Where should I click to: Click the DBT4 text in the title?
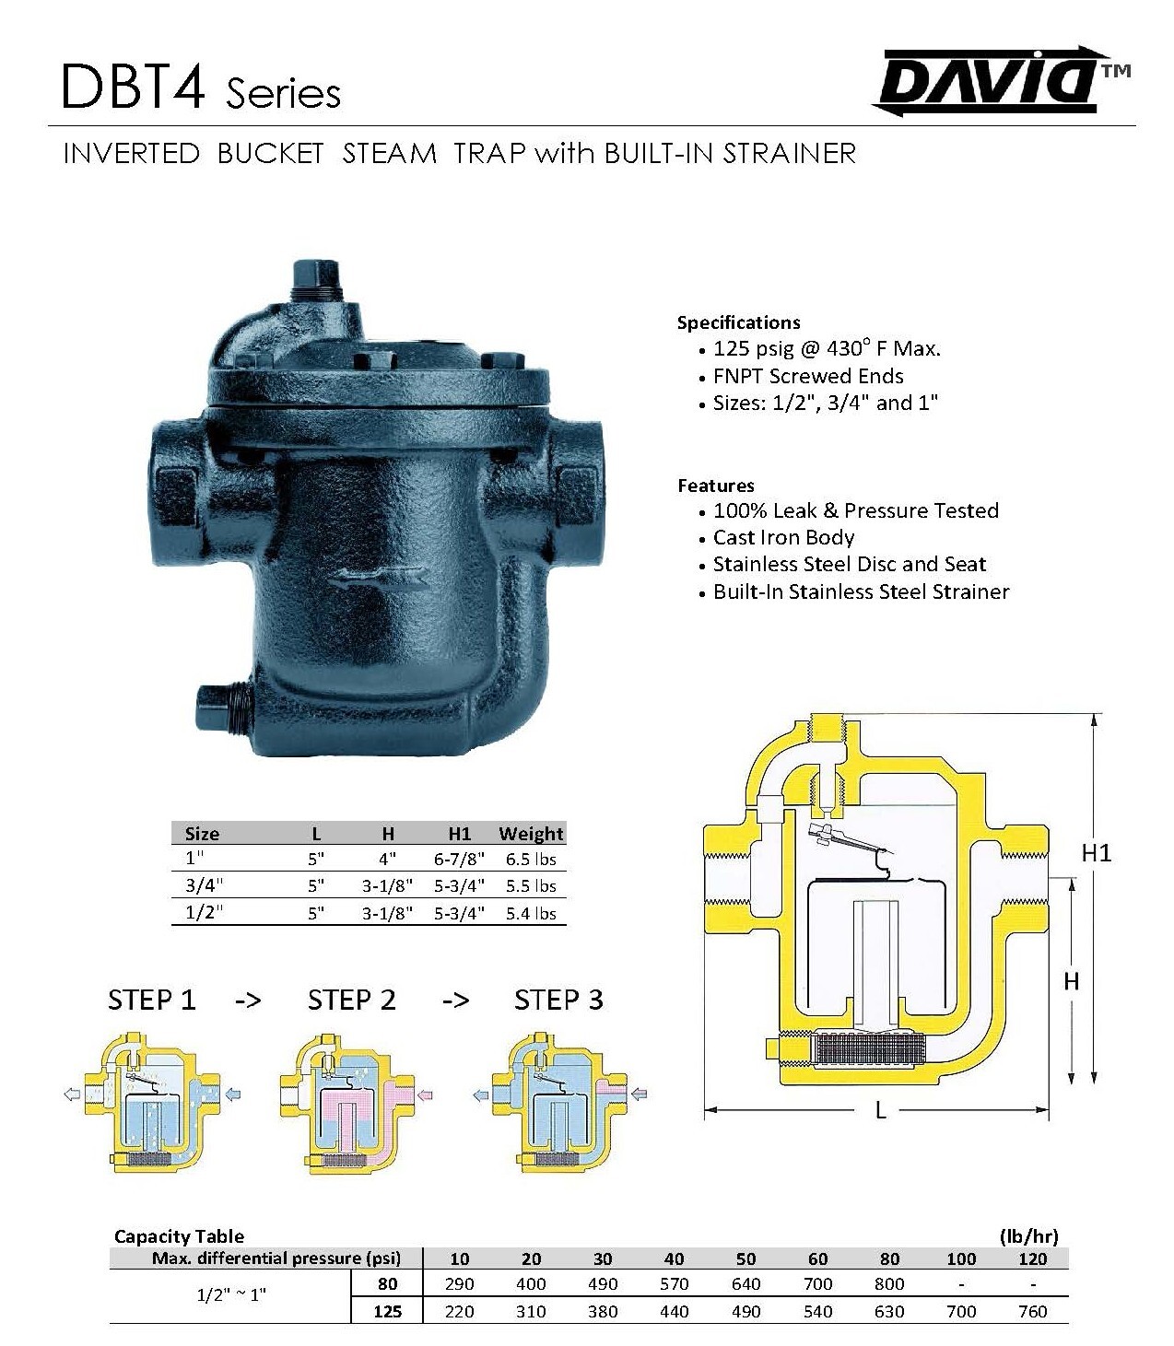coord(133,89)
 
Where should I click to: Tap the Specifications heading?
coord(738,322)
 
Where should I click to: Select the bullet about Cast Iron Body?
coord(783,538)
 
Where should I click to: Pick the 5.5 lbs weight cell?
coord(531,886)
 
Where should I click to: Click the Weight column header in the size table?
coord(531,834)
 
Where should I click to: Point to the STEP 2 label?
coord(351,1001)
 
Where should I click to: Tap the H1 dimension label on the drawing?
coord(1097,853)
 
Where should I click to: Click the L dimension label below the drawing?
coord(880,1111)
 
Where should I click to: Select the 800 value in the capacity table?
coord(889,1284)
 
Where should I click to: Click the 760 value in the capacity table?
coord(1033,1311)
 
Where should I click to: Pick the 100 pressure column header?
coord(961,1258)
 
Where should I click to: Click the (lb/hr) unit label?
coord(1028,1236)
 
